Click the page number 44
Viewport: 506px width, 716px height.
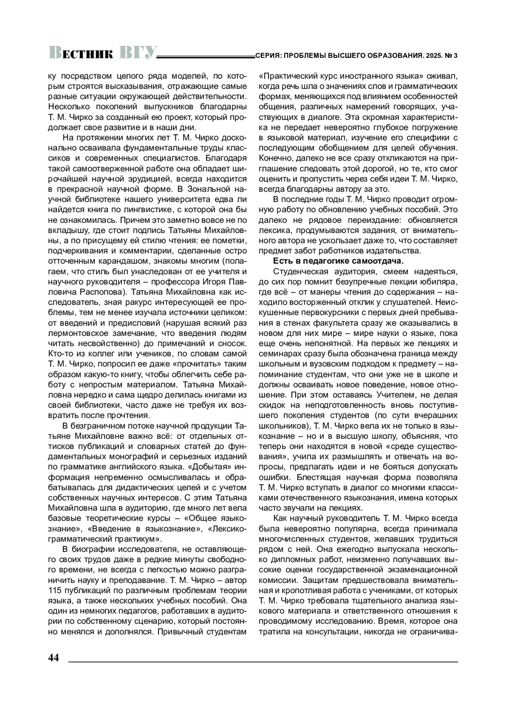tap(54, 658)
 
